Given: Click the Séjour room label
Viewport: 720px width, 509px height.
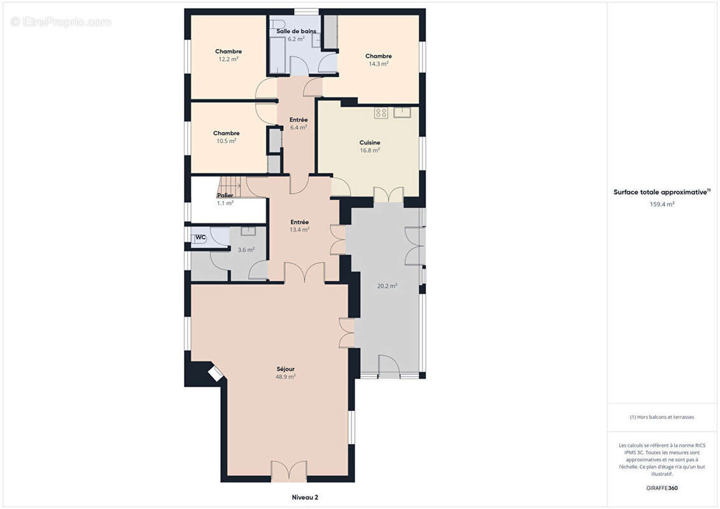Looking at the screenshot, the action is pyautogui.click(x=286, y=369).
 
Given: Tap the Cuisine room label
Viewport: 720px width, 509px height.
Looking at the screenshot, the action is pyautogui.click(x=370, y=143).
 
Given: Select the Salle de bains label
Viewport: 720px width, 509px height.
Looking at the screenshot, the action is pyautogui.click(x=296, y=31).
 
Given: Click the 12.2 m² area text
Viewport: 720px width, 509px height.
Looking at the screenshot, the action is pyautogui.click(x=228, y=59).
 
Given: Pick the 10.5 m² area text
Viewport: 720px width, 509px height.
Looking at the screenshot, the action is pyautogui.click(x=227, y=141).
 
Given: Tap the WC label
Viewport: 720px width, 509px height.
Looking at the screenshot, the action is pyautogui.click(x=200, y=237).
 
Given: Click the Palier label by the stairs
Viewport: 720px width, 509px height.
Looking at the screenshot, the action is pyautogui.click(x=225, y=195).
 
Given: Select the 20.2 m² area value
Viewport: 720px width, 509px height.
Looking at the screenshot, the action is pyautogui.click(x=387, y=286).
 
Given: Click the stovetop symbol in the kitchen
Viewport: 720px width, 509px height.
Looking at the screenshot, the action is pyautogui.click(x=381, y=113).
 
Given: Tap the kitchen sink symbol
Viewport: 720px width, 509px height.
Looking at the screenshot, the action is pyautogui.click(x=402, y=113).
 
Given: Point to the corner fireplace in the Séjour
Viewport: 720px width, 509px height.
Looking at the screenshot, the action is pyautogui.click(x=215, y=373).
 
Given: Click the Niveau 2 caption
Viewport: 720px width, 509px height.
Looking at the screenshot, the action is pyautogui.click(x=305, y=497).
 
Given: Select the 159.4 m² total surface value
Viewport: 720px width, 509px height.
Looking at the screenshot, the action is pyautogui.click(x=661, y=204).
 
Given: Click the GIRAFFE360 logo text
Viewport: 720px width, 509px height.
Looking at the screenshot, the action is pyautogui.click(x=661, y=488).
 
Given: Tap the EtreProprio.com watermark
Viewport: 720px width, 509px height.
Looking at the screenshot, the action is pyautogui.click(x=61, y=22).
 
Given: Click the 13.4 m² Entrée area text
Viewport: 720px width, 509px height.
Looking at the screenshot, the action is pyautogui.click(x=299, y=230).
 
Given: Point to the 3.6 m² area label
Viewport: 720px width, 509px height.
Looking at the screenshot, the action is pyautogui.click(x=246, y=250).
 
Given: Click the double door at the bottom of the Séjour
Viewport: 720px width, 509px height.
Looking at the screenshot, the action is pyautogui.click(x=289, y=471).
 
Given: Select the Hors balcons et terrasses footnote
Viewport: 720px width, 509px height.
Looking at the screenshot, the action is pyautogui.click(x=661, y=417).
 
